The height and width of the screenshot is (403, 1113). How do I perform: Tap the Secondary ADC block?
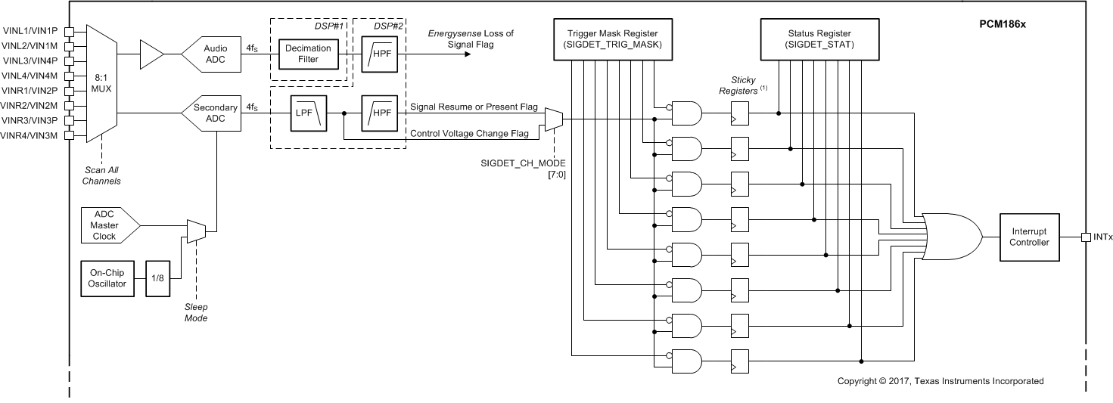(x=213, y=113)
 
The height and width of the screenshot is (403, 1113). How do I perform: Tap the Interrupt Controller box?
(x=1029, y=236)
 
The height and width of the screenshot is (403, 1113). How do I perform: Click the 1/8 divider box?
(x=157, y=278)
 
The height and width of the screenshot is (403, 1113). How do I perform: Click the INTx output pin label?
(x=1102, y=237)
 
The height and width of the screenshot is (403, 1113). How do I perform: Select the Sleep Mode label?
(x=197, y=313)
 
